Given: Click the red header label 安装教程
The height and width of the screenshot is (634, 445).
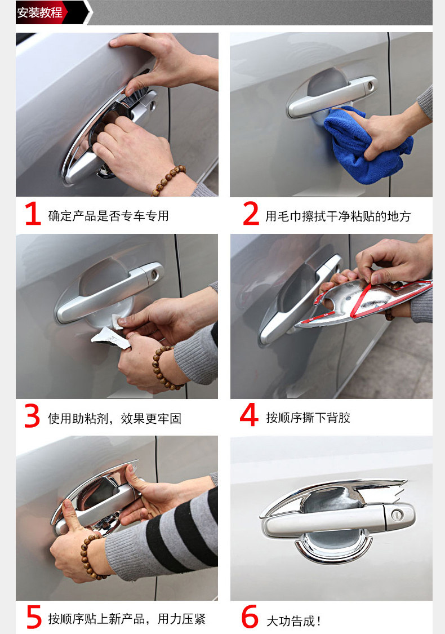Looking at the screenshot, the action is coord(39,12).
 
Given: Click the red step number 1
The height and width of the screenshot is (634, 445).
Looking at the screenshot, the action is coord(33,214).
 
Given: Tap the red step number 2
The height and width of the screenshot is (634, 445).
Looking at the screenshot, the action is coord(251,214).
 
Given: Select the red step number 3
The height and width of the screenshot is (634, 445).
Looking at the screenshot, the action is coord(32,416).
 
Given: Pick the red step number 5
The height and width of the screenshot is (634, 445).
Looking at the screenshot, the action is coord(34,617).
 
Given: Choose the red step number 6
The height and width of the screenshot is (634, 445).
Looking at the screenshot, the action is coord(250,617).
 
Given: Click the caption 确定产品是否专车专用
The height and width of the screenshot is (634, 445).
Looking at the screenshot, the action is coord(108,216).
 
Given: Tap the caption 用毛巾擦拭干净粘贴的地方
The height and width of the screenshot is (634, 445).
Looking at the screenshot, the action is coord(338,216).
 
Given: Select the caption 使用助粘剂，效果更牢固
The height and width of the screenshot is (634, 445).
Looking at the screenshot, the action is coord(114,419).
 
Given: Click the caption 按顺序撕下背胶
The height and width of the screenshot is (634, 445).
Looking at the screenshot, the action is coord(308,418).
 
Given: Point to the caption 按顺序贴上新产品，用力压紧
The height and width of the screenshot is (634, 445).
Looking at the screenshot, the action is coord(127,619).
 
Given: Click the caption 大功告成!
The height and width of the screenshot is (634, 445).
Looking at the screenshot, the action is coord(293,620).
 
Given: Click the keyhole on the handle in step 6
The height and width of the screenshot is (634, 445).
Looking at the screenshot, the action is coord(398,515).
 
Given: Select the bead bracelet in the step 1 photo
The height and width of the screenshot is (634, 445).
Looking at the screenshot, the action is coord(168,180).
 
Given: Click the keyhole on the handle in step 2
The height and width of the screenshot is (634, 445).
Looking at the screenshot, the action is coord(370,86).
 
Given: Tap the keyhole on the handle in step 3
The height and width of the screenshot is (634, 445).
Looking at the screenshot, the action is coord(154,274).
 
